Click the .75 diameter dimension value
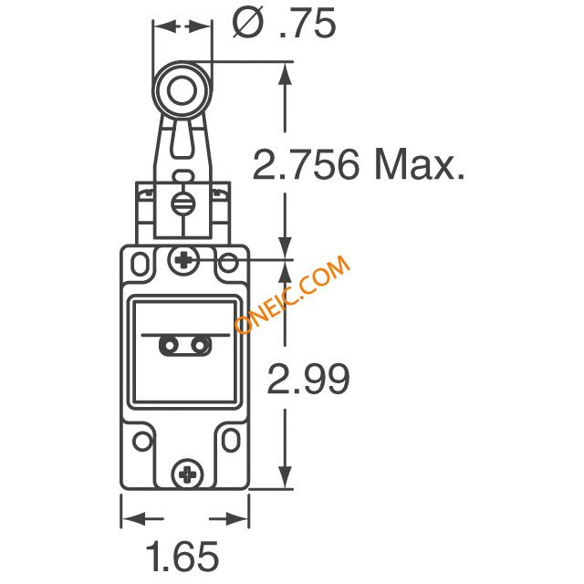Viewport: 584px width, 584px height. (x=307, y=23)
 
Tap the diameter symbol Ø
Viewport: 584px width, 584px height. (x=247, y=23)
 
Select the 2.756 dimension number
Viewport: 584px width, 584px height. (x=307, y=164)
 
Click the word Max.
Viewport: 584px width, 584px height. (x=420, y=164)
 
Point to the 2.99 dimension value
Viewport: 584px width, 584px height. (x=308, y=379)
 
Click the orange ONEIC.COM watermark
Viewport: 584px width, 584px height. (x=292, y=294)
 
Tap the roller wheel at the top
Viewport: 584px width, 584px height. (x=182, y=90)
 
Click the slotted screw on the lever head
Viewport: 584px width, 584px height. (x=183, y=203)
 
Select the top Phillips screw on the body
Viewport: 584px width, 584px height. (x=183, y=259)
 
